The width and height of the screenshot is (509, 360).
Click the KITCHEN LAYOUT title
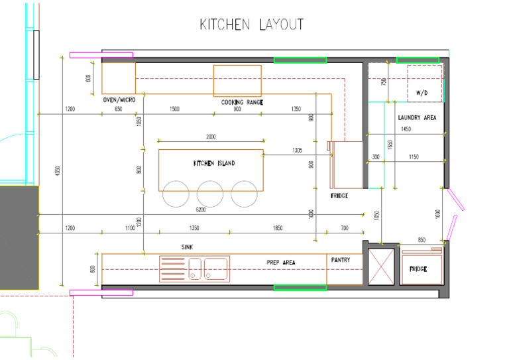click(252, 25)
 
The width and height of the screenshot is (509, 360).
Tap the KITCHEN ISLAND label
click(214, 163)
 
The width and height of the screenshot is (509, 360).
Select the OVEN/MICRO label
click(119, 99)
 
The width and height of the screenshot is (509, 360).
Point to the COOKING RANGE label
click(242, 103)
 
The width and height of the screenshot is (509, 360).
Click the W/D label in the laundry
click(422, 93)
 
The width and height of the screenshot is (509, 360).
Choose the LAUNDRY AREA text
click(417, 118)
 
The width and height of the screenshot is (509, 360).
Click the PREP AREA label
click(281, 263)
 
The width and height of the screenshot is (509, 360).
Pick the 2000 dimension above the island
click(211, 137)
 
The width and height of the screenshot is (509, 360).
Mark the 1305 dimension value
click(298, 150)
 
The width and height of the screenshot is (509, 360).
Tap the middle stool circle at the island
click(210, 194)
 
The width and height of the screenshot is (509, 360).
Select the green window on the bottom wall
click(300, 288)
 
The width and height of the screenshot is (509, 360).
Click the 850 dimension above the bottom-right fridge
click(422, 239)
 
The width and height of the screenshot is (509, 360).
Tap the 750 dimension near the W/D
click(384, 82)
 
